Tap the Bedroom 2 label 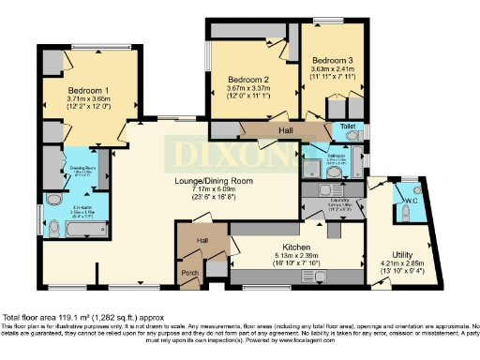(x=249, y=79)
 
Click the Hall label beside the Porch (x=202, y=241)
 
